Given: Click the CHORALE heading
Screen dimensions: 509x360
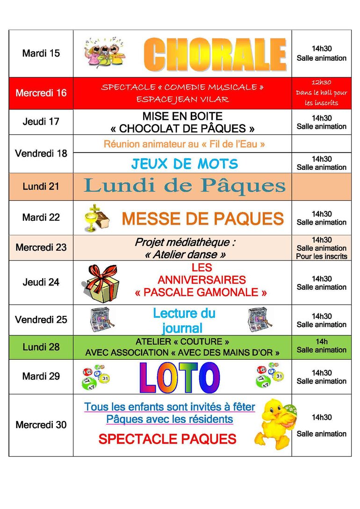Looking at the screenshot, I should [x=215, y=54].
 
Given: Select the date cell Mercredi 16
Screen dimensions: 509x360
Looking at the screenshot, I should [x=41, y=93].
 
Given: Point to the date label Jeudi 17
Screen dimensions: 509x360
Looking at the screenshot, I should [x=41, y=122].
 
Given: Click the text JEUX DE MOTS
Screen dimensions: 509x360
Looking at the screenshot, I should [x=184, y=164].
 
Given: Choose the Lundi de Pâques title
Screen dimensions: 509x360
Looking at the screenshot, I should [x=185, y=186].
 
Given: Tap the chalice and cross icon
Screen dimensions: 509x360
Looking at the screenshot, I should [x=96, y=218].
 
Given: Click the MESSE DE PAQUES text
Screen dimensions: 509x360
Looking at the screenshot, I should [x=202, y=218].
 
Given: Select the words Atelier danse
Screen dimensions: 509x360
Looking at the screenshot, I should [x=186, y=254].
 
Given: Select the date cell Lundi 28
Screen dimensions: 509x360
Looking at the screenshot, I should [x=41, y=347].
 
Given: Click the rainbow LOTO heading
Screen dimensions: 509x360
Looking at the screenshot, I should [x=180, y=377].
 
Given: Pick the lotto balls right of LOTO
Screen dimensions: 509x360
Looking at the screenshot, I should [x=269, y=377].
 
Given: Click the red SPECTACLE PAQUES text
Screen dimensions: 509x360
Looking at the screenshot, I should [x=167, y=439].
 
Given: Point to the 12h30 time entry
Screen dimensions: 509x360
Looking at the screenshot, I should [x=321, y=82].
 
